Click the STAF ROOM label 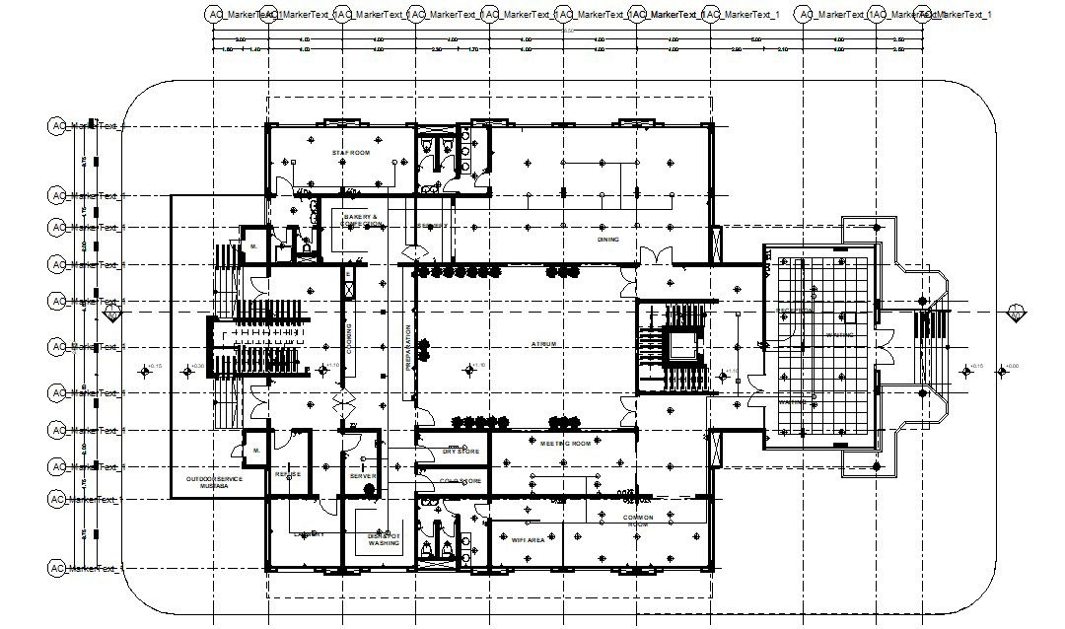[350, 154]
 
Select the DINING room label [608, 240]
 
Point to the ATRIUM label [544, 344]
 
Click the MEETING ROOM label [566, 444]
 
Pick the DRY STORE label [461, 452]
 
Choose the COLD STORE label [461, 481]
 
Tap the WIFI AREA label [529, 540]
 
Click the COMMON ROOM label [639, 521]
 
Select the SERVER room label [363, 476]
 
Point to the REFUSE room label [288, 474]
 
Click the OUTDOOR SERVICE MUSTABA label [214, 483]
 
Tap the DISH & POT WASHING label [384, 539]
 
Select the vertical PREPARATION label [407, 347]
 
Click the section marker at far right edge [1016, 314]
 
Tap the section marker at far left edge [113, 314]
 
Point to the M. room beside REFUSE [255, 451]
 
